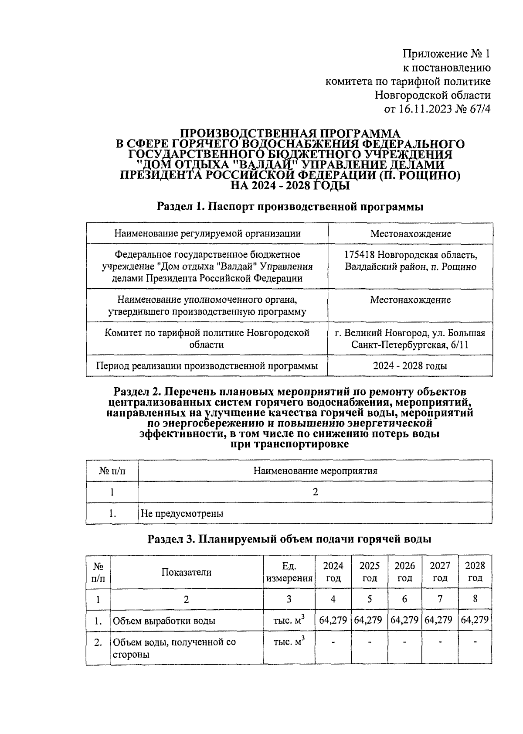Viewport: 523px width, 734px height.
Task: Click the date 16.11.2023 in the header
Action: [x=424, y=109]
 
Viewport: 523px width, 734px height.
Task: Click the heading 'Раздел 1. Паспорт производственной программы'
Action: [x=290, y=207]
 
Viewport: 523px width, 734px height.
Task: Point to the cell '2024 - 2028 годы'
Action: [x=410, y=366]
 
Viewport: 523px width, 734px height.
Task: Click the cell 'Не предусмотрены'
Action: [x=182, y=513]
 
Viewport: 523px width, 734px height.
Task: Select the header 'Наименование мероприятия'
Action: [x=315, y=471]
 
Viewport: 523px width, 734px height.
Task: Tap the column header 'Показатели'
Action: [x=187, y=572]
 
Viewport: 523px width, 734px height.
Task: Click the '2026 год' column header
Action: [x=404, y=572]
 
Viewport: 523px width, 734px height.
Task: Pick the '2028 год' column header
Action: [x=475, y=572]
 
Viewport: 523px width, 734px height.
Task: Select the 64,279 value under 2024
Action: [x=333, y=620]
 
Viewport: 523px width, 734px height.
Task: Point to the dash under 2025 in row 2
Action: [x=369, y=642]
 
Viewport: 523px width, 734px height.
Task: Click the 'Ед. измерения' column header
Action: [x=289, y=572]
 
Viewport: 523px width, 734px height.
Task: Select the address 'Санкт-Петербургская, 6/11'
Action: [x=410, y=345]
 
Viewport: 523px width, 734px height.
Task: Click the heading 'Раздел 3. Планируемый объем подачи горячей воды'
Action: [x=289, y=539]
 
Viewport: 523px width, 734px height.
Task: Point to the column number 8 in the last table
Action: [x=475, y=599]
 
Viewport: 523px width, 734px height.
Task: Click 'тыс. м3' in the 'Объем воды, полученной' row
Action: [x=289, y=642]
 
